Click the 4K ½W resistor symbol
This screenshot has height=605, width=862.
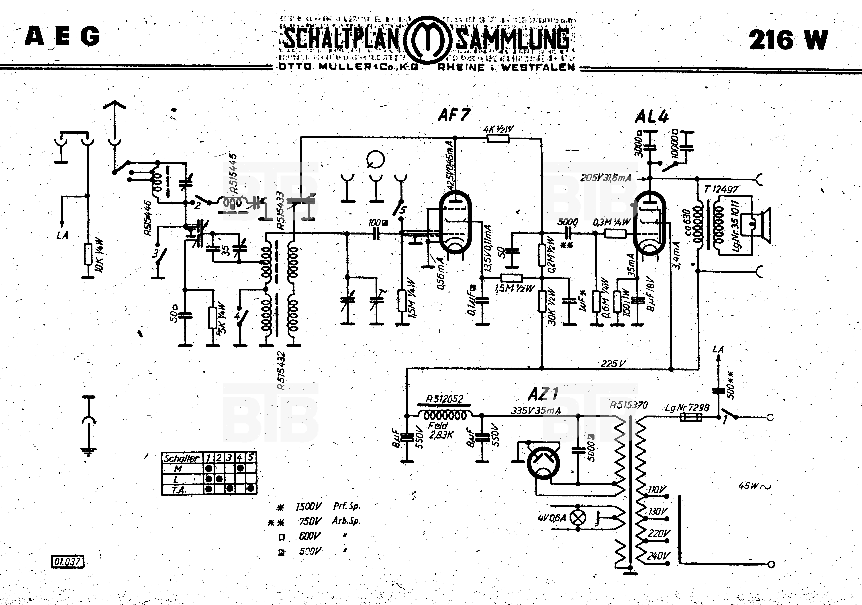pos(498,139)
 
